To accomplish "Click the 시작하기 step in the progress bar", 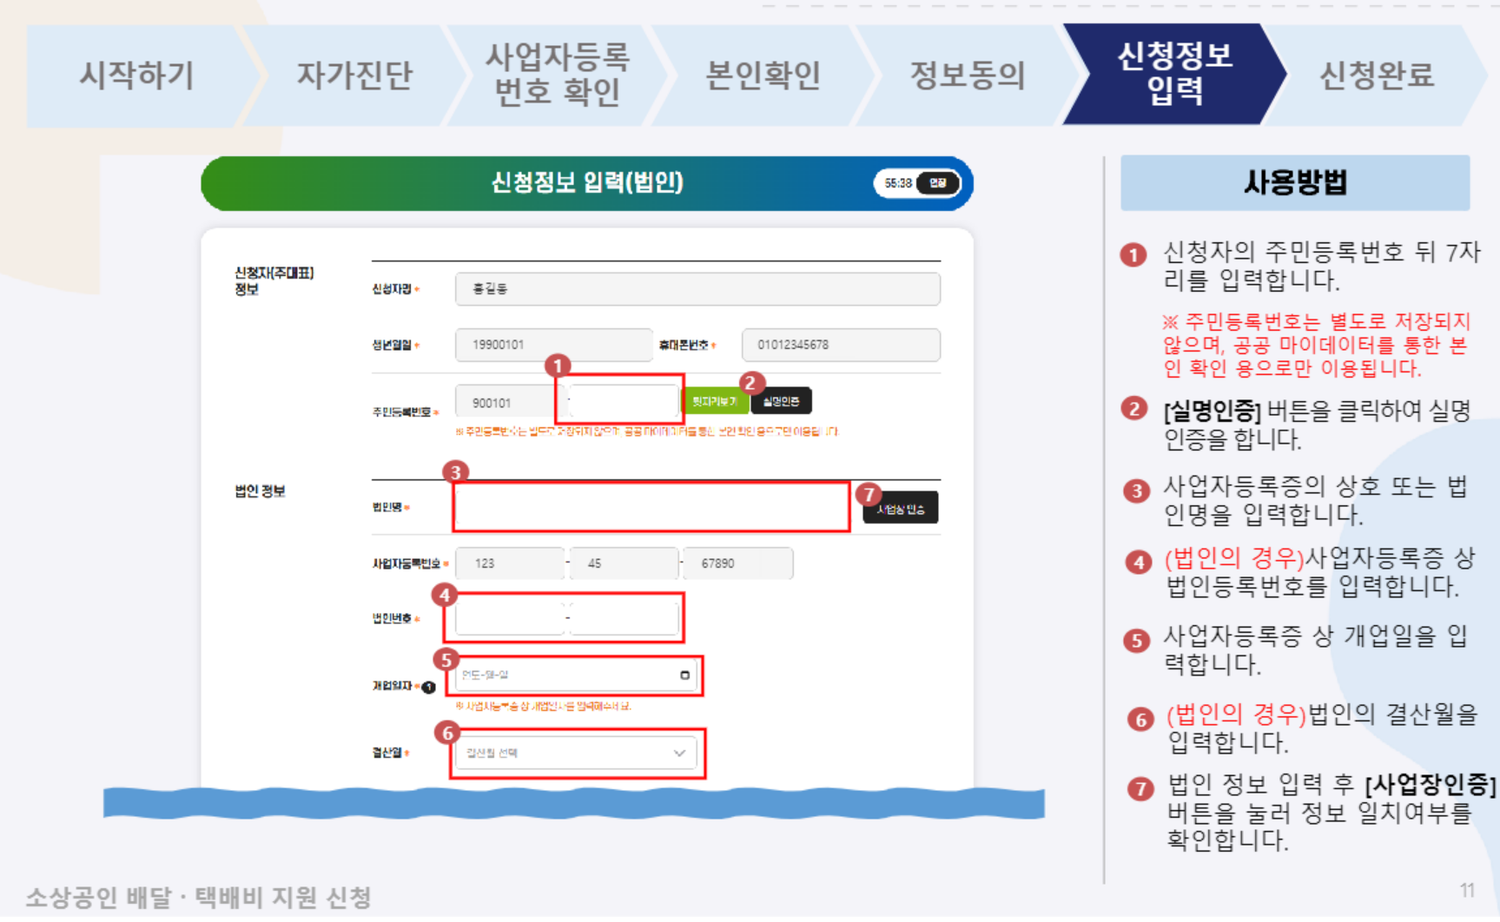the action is coord(136,76).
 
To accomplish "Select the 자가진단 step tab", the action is coord(354,76).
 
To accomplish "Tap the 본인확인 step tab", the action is coord(763,76).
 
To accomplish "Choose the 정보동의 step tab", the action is coord(968,76).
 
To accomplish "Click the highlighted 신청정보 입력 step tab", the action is coord(1174,74).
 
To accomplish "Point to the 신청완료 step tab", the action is coord(1377,76).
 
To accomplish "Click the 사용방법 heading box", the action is coord(1294,183).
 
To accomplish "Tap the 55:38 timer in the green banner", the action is coord(898,183).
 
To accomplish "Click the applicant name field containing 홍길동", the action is coord(697,289).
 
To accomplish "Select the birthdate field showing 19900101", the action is coord(553,345).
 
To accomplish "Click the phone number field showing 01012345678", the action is coord(840,345).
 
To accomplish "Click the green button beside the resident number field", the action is coord(715,401).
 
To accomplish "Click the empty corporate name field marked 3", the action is coord(651,507).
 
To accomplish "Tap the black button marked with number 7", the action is coord(900,509).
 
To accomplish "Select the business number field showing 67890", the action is coord(737,563).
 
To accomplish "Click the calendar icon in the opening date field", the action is coord(684,675).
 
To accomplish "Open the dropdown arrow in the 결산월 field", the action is coord(679,754).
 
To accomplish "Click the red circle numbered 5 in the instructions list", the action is coord(1136,641).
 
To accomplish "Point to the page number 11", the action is coord(1467,891).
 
